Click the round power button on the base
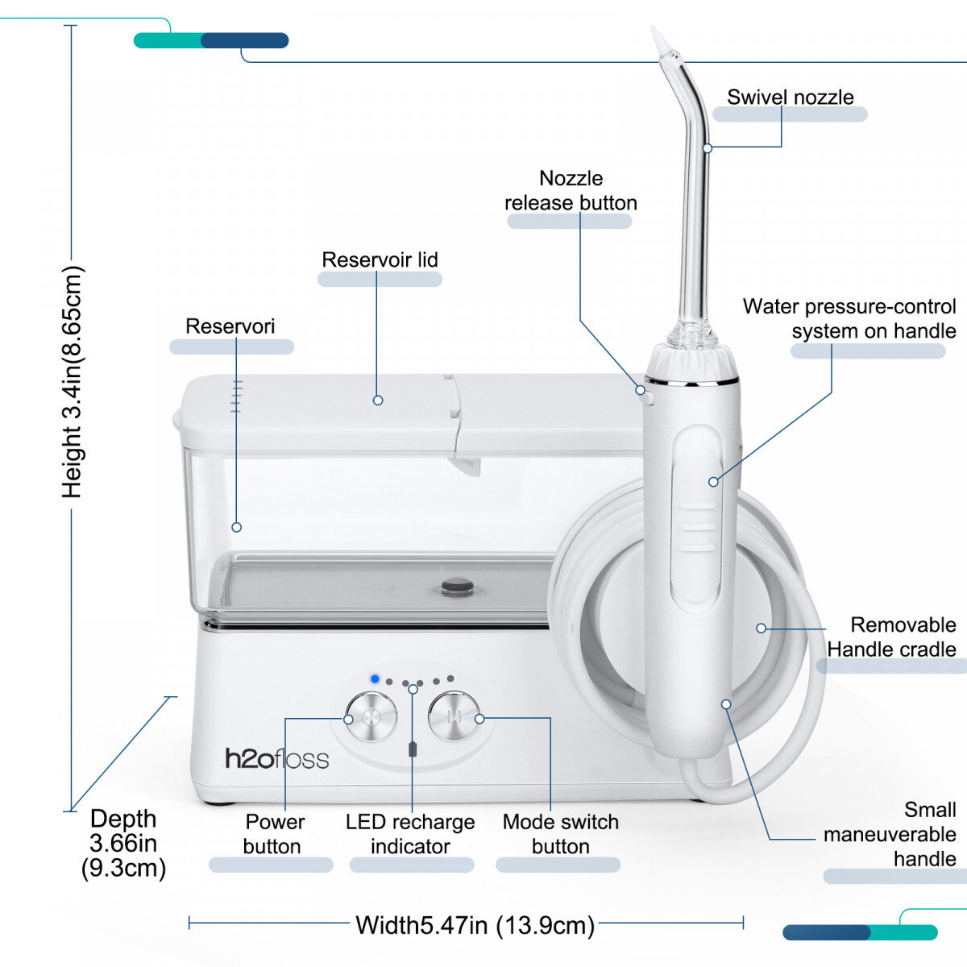coord(371,716)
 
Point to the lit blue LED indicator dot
coord(375,679)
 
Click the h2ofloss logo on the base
coord(276,758)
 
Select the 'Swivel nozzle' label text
coord(790,98)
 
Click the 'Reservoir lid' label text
coord(380,259)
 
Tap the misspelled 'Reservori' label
coord(230,326)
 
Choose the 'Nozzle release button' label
coord(571,190)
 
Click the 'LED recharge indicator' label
coord(410,834)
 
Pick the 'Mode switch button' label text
coord(560,834)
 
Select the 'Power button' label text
coord(273,834)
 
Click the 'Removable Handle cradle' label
coord(891,637)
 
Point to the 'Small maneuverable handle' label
coord(890,834)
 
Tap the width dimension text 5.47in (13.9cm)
coord(475,924)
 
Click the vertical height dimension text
coord(73,382)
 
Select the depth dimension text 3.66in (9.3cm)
coord(123,843)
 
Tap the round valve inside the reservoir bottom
coord(458,586)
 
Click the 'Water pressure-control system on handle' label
coord(849,318)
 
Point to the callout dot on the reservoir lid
coord(378,400)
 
